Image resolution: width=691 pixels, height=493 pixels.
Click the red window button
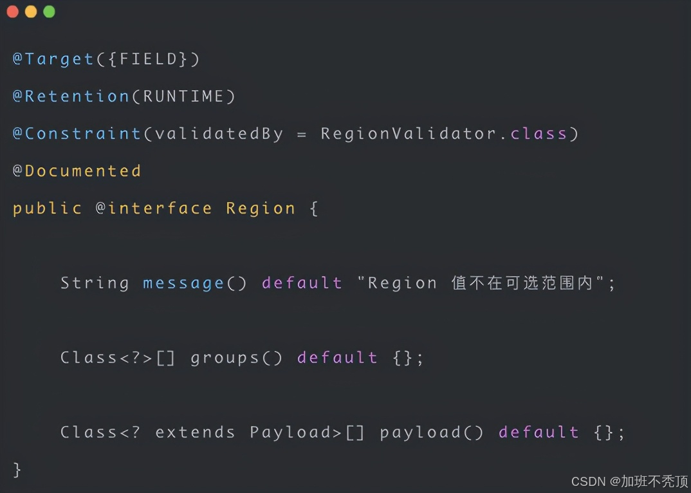[12, 12]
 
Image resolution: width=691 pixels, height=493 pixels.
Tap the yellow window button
[31, 12]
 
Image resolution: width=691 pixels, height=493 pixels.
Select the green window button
[49, 12]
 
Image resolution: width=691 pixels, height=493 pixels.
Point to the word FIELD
[149, 59]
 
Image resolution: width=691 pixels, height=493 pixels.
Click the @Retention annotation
[71, 97]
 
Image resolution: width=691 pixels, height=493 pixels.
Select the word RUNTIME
[184, 97]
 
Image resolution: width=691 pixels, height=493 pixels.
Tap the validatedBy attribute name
[219, 134]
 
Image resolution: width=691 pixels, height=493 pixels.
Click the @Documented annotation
[77, 171]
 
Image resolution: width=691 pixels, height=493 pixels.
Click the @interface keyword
[154, 209]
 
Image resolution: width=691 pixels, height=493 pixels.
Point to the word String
[95, 283]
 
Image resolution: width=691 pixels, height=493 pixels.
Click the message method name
[183, 283]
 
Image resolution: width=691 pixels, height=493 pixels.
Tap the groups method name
[225, 358]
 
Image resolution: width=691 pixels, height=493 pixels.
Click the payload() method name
[421, 433]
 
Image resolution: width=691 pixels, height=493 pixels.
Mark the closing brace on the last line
[17, 470]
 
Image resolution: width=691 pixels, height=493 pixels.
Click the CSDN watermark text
[588, 481]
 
